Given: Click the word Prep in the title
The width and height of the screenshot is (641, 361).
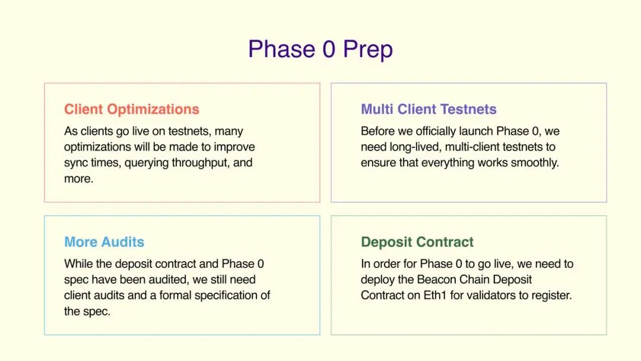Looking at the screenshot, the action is click(368, 50).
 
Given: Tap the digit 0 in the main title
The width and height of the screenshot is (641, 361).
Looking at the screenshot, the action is click(329, 49).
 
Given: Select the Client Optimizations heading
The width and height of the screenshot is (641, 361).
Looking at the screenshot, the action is click(132, 110).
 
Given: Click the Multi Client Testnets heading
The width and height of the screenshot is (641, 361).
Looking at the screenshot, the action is click(429, 109).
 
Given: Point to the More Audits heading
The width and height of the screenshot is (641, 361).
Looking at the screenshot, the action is click(104, 242).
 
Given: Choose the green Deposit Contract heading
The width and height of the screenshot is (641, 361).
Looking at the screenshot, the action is click(417, 242).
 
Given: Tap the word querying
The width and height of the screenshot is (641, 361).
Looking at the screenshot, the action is click(147, 163).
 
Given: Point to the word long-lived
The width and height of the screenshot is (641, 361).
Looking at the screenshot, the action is click(414, 147).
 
